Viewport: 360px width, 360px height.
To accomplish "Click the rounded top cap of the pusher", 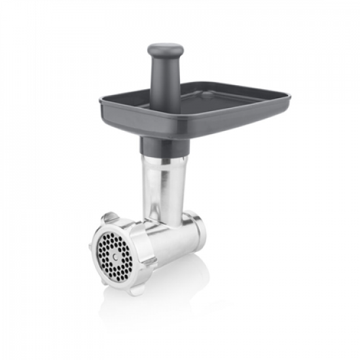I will (x=165, y=49).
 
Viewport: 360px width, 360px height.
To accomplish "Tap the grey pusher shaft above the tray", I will (x=165, y=79).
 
